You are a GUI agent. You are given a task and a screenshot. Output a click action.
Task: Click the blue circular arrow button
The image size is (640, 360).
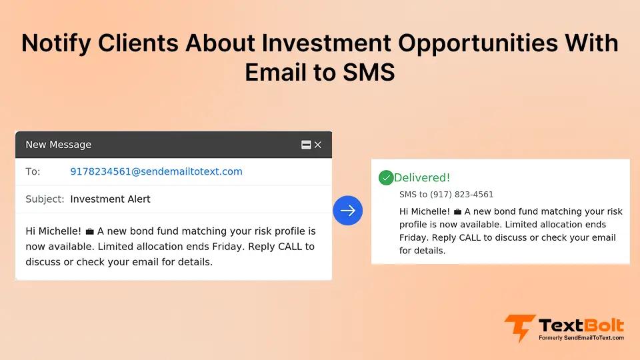pyautogui.click(x=347, y=211)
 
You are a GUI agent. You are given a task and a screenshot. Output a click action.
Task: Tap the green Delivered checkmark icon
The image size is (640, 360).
pyautogui.click(x=385, y=178)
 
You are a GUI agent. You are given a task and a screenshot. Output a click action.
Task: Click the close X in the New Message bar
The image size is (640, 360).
pyautogui.click(x=318, y=145)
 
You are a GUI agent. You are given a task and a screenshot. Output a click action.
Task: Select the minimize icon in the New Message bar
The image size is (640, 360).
pyautogui.click(x=306, y=145)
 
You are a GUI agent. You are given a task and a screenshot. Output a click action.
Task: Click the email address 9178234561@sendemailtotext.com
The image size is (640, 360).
pyautogui.click(x=156, y=171)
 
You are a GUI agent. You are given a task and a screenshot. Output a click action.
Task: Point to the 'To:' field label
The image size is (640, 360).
pyautogui.click(x=33, y=171)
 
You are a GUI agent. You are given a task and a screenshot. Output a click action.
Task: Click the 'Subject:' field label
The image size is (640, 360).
pyautogui.click(x=45, y=199)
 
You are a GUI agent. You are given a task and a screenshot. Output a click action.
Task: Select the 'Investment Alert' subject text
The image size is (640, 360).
pyautogui.click(x=110, y=199)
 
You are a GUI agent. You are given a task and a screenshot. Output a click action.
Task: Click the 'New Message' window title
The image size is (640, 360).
pyautogui.click(x=58, y=145)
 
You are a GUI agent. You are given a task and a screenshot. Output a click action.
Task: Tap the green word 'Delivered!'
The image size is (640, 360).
pyautogui.click(x=422, y=178)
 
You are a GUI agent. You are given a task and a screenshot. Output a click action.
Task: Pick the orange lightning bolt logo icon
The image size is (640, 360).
pyautogui.click(x=519, y=328)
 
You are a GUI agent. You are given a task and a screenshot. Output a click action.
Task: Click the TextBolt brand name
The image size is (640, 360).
pyautogui.click(x=581, y=325)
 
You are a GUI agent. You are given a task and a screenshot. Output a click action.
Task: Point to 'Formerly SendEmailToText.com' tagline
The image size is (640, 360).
pyautogui.click(x=581, y=338)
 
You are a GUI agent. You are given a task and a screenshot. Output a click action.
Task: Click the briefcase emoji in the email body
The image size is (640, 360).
pyautogui.click(x=89, y=232)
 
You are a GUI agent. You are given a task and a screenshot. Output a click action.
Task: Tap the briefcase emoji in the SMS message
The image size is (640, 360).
pyautogui.click(x=457, y=212)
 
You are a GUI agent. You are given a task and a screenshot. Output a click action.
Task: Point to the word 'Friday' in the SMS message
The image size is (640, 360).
pyautogui.click(x=413, y=237)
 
